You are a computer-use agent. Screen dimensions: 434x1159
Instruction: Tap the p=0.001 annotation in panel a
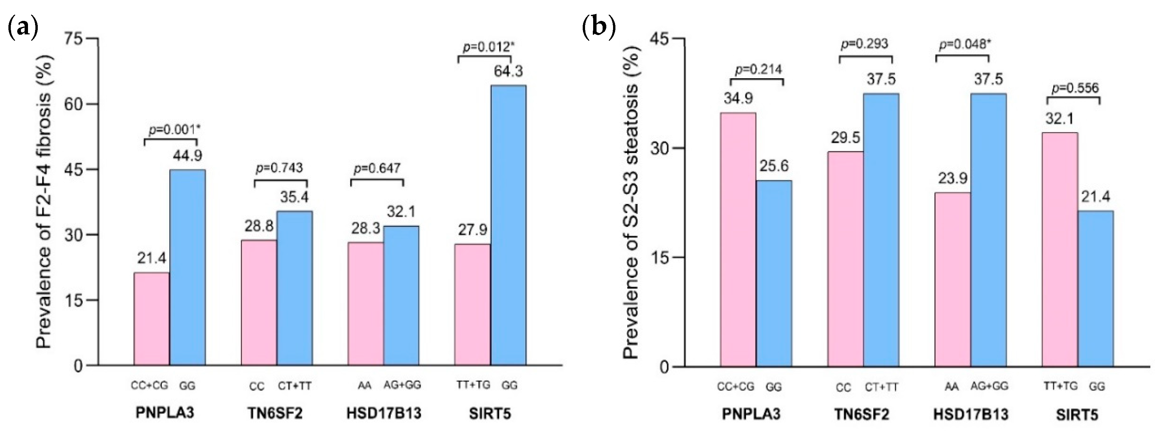(x=174, y=130)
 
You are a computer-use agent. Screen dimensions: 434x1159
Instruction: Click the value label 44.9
(x=187, y=156)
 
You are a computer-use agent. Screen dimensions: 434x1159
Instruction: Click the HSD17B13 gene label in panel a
(x=383, y=413)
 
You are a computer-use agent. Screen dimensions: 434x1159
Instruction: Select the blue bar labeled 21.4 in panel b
(x=1095, y=288)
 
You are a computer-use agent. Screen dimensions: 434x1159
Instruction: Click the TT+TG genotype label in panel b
(x=1060, y=386)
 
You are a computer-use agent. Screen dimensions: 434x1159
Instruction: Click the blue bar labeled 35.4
(x=294, y=288)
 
